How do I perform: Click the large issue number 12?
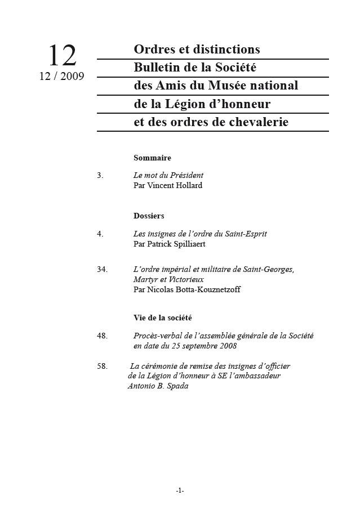(62, 56)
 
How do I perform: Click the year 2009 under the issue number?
(72, 77)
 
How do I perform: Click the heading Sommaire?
(152, 158)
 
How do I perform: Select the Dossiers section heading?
(149, 216)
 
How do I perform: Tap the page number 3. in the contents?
(100, 175)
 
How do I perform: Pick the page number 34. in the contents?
(102, 269)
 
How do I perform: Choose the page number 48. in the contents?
(102, 336)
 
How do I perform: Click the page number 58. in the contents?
(102, 366)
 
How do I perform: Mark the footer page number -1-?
(180, 490)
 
